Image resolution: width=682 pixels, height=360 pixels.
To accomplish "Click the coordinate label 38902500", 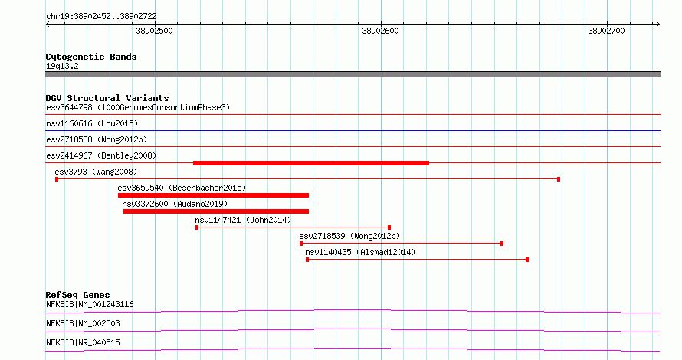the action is click(154, 31).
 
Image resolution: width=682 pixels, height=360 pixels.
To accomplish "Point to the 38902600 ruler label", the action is click(380, 31).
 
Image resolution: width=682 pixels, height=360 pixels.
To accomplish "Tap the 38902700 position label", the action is click(606, 31).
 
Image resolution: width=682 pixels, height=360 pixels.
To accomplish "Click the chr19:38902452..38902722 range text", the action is click(101, 17).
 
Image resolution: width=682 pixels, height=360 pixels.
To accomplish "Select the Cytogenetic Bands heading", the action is click(91, 57).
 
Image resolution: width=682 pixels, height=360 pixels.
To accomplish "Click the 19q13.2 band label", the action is click(62, 66).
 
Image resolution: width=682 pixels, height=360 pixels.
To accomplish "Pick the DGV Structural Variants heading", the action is click(107, 98).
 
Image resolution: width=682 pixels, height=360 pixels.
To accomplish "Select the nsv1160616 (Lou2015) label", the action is click(92, 123).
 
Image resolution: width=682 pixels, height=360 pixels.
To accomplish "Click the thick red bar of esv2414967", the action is click(311, 163).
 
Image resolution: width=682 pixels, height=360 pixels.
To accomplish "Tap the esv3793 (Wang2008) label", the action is click(96, 172).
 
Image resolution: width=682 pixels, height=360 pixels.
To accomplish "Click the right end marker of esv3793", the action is click(559, 179).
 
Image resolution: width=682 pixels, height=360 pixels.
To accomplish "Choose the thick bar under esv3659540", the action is click(213, 195).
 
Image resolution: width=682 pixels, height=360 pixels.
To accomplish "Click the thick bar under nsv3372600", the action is click(216, 211).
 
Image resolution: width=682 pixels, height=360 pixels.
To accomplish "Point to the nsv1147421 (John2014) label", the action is click(243, 220).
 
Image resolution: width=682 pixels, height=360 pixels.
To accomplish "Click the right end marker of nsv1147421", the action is click(389, 227).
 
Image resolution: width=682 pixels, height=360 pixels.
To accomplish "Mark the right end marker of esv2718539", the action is click(502, 244).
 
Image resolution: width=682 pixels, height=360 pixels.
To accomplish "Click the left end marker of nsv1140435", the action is click(307, 260).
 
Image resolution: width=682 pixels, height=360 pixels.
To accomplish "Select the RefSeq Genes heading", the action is click(78, 295).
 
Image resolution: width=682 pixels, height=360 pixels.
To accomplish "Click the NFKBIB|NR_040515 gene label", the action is click(83, 342).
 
